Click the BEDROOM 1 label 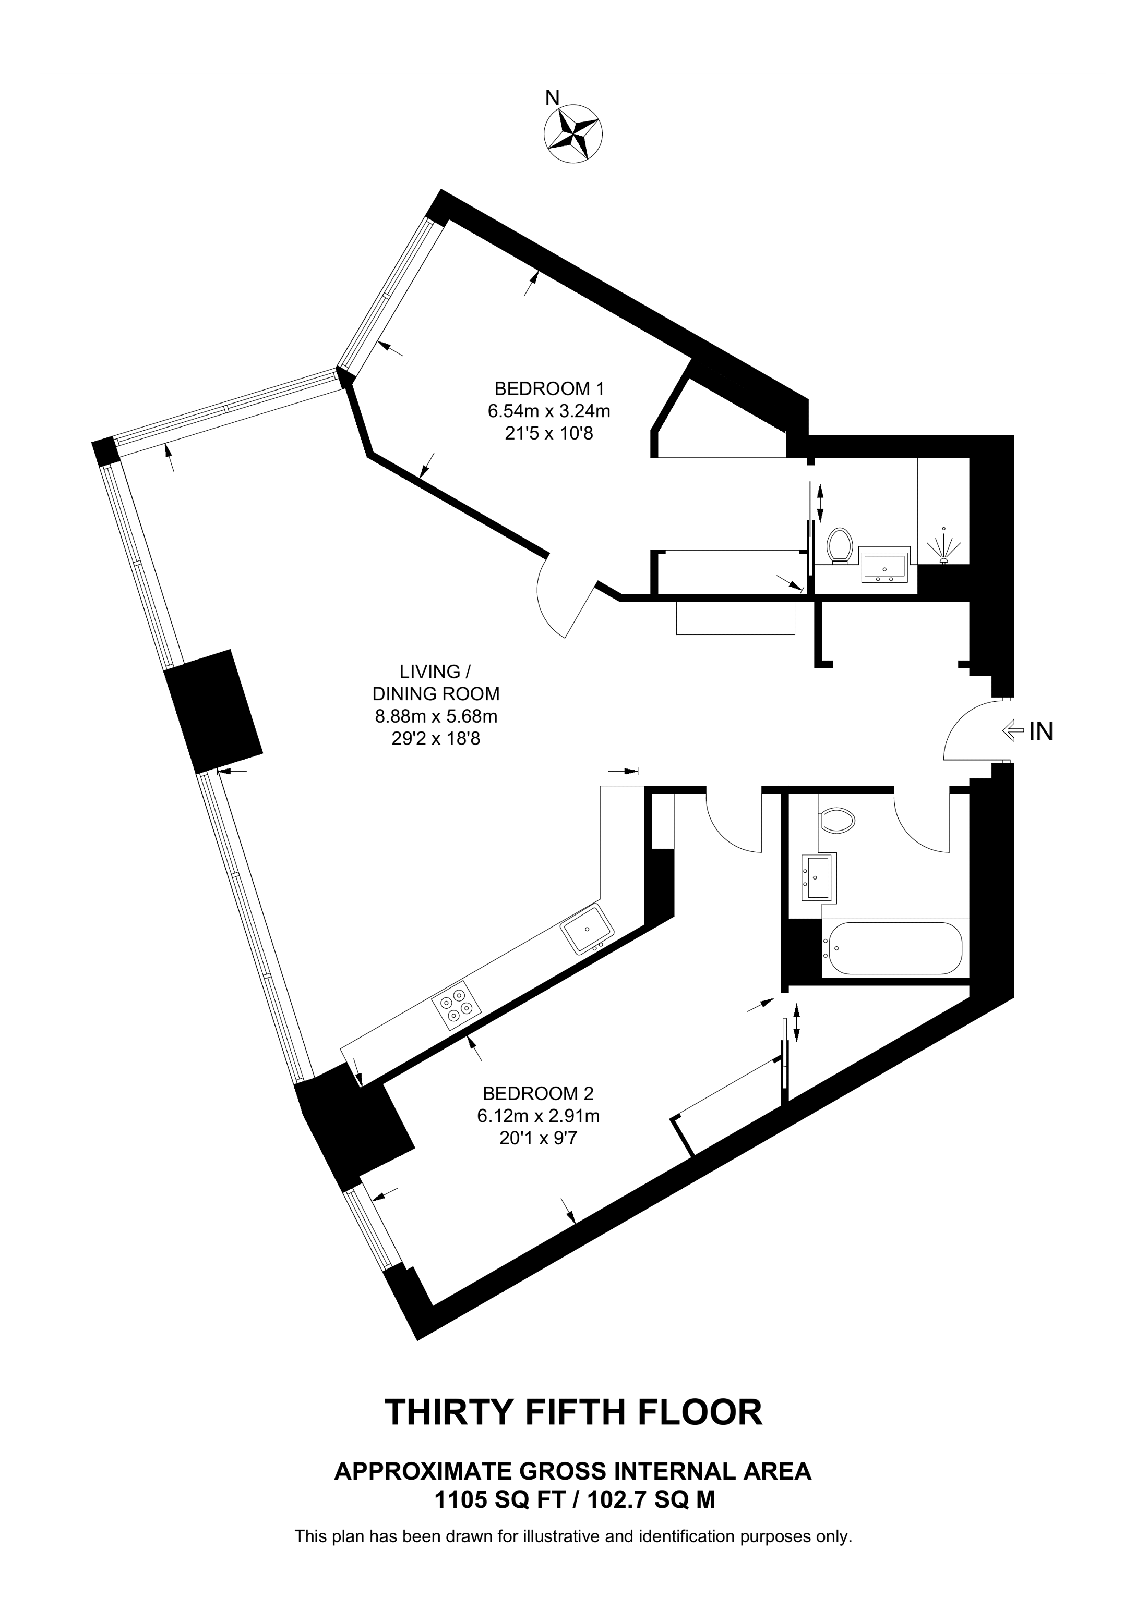pyautogui.click(x=549, y=388)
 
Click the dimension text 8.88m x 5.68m pyautogui.click(x=436, y=716)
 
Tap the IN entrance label pyautogui.click(x=1041, y=731)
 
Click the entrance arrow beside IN pyautogui.click(x=1013, y=731)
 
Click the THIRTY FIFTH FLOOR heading pyautogui.click(x=573, y=1412)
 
